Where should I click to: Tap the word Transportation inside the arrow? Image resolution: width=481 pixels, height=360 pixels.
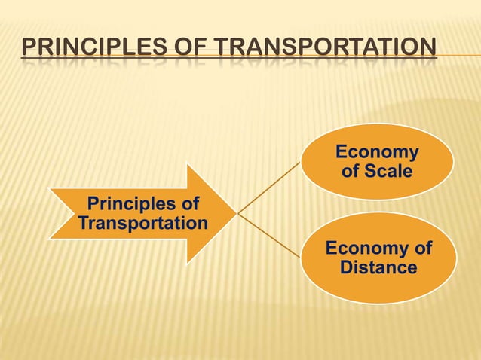pyautogui.click(x=142, y=223)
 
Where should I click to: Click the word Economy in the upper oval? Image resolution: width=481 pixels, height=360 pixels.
pyautogui.click(x=377, y=153)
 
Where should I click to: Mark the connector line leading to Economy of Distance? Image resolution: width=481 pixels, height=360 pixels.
pyautogui.click(x=269, y=236)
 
